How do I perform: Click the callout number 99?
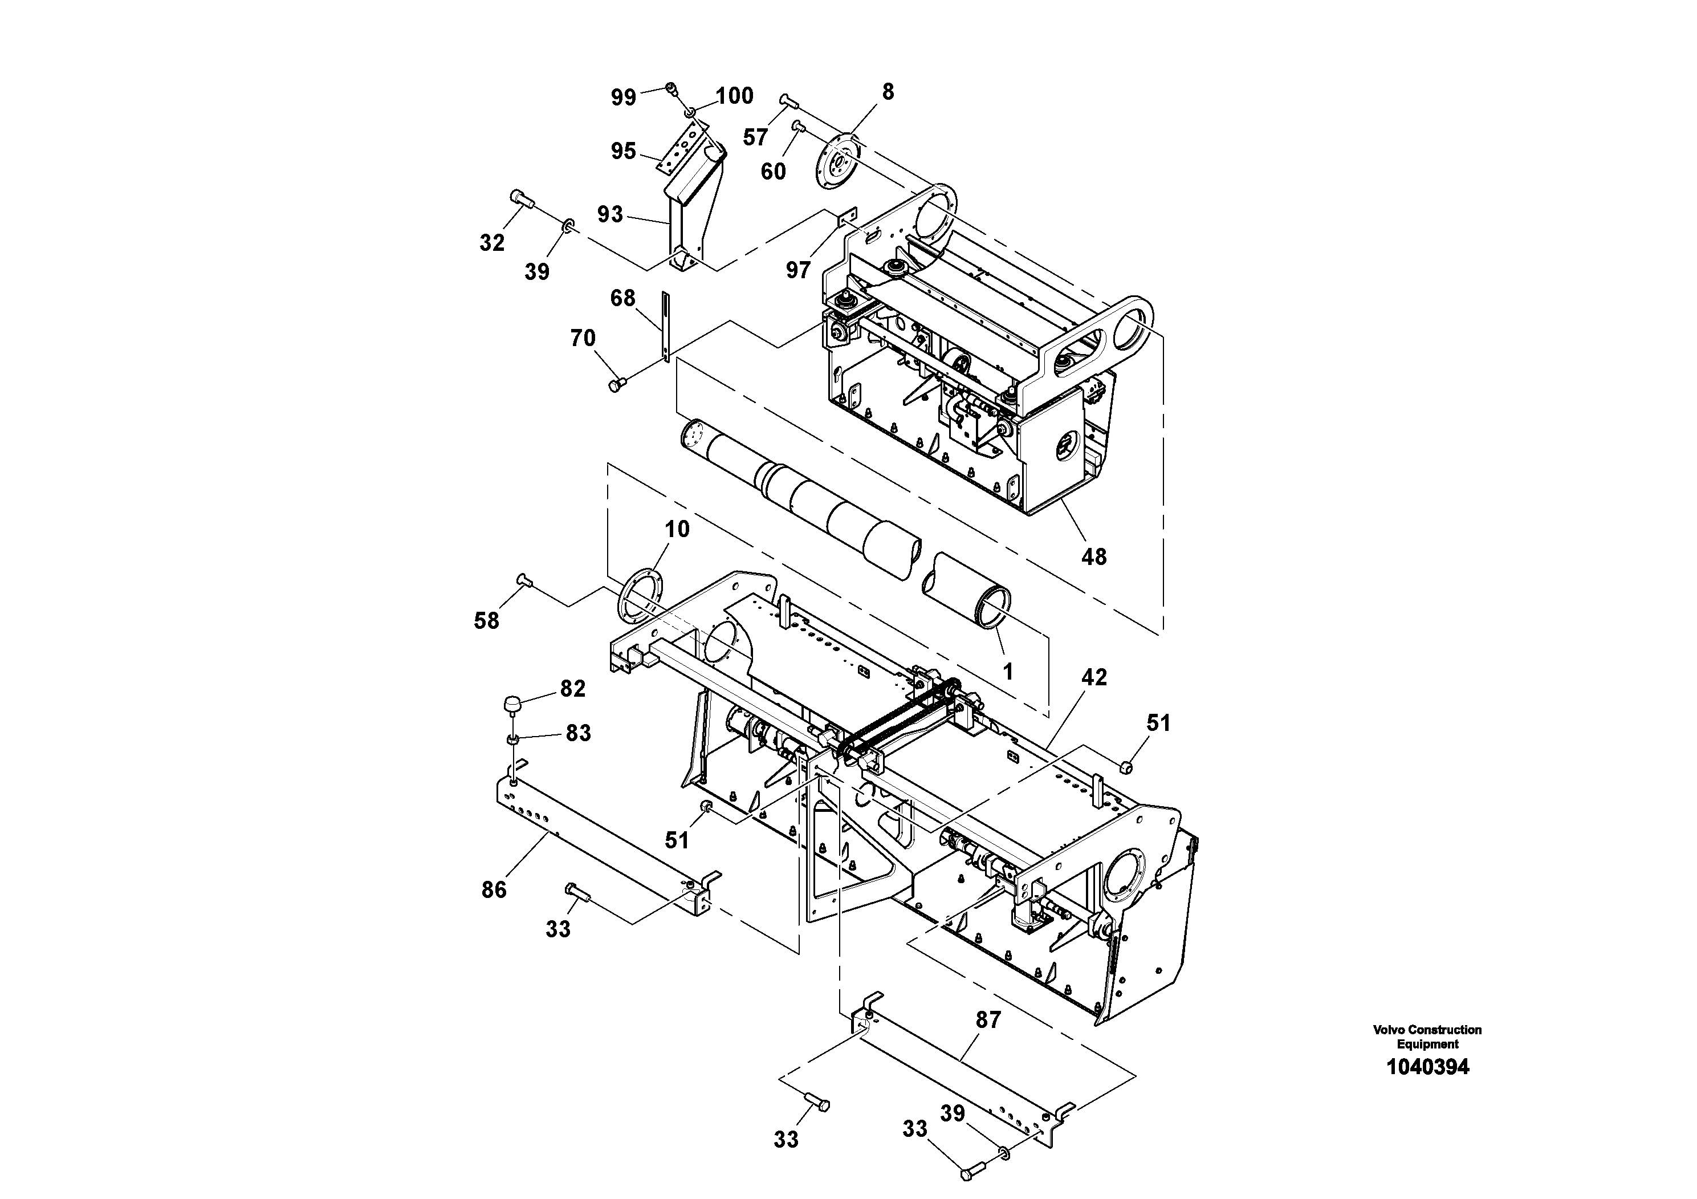[x=623, y=97]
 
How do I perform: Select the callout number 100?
[x=734, y=96]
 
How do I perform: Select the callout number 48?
[x=1094, y=556]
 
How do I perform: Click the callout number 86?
[x=494, y=890]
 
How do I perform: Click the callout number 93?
[x=610, y=214]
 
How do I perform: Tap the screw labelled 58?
[x=524, y=581]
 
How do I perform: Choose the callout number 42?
[x=1094, y=677]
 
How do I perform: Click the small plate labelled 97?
[x=847, y=217]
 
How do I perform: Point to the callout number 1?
[x=1007, y=670]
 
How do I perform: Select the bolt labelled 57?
[x=787, y=100]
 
